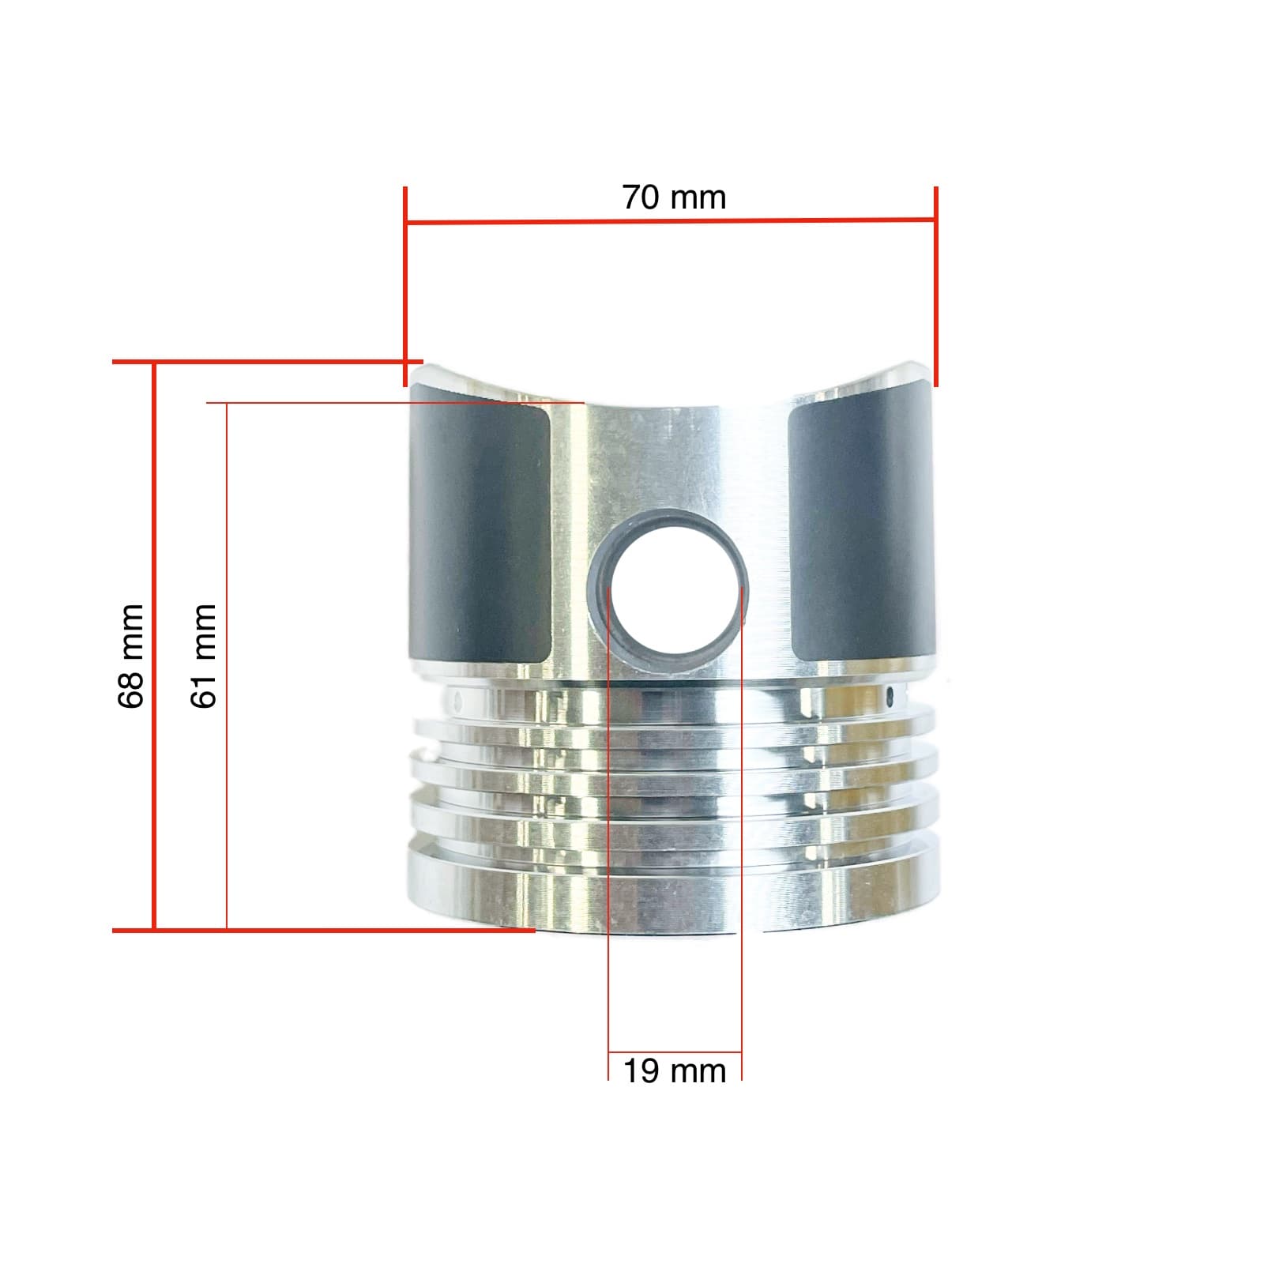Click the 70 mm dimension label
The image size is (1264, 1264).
674,197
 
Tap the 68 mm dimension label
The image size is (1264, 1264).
131,656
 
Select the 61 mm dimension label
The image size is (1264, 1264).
204,656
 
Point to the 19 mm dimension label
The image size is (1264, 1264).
674,1071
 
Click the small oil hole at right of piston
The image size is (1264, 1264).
891,696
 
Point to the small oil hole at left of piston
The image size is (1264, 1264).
456,698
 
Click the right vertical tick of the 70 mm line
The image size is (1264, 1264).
936,284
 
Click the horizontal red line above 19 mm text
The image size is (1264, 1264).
674,1052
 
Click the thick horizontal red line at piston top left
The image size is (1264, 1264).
261,363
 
